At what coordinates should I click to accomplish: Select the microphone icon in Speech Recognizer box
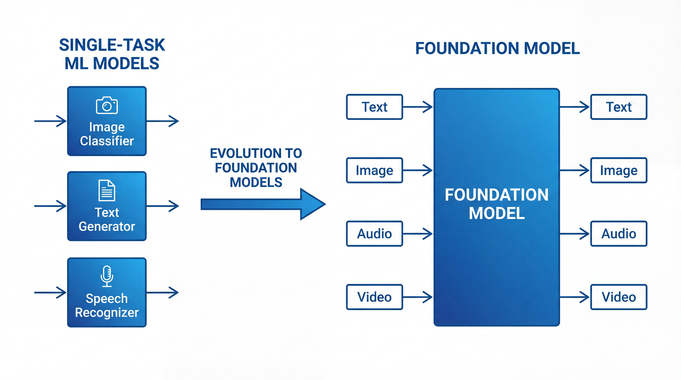(107, 276)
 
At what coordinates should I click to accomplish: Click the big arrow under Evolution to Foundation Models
(263, 204)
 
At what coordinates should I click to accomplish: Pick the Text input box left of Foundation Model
(374, 107)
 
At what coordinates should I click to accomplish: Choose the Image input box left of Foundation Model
(374, 170)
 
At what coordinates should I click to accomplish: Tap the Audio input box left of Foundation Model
(374, 234)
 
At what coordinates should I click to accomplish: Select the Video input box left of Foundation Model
(374, 297)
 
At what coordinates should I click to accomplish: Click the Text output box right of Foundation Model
(619, 107)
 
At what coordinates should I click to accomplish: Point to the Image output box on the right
(619, 170)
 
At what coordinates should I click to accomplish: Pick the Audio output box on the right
(619, 234)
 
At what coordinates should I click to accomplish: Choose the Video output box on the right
(619, 297)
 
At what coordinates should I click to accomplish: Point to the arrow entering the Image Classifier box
(50, 121)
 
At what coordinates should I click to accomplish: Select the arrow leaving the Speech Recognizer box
(163, 293)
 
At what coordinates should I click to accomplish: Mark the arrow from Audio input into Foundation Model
(418, 234)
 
